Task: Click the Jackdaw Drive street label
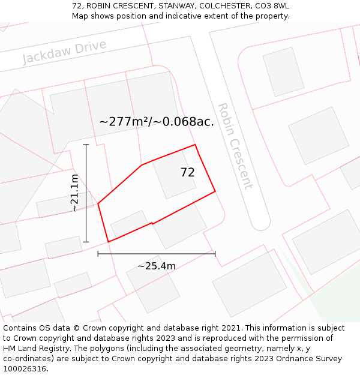click(x=64, y=52)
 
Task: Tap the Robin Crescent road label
click(x=235, y=146)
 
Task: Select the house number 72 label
click(x=187, y=172)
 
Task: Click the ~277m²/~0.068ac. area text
click(x=156, y=122)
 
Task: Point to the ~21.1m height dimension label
click(x=74, y=193)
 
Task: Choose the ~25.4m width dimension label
click(x=156, y=266)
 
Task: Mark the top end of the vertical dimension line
click(x=86, y=145)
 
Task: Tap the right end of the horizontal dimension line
click(x=215, y=254)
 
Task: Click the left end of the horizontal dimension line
click(x=98, y=254)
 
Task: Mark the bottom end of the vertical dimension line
click(x=86, y=242)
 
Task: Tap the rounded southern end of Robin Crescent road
click(x=260, y=223)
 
